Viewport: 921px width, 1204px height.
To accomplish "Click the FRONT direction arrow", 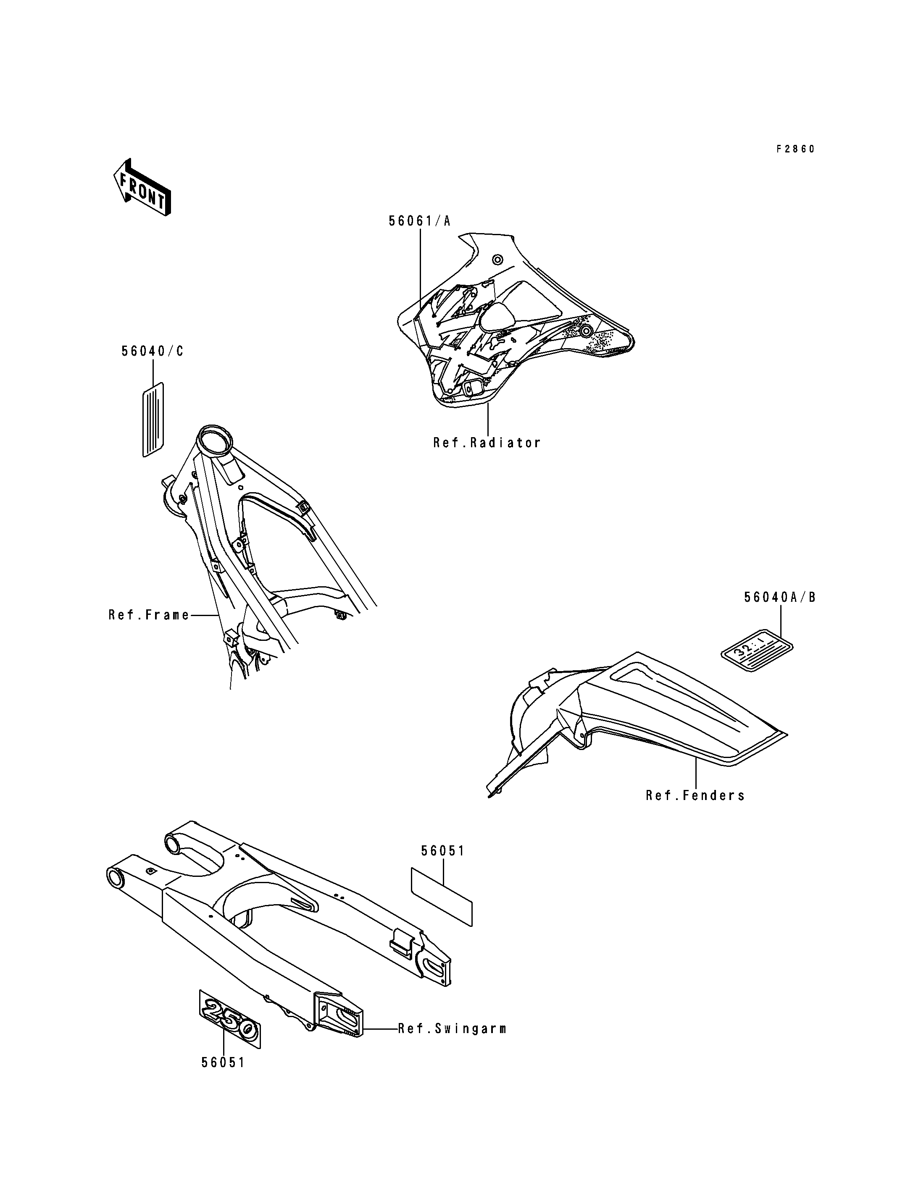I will click(x=142, y=187).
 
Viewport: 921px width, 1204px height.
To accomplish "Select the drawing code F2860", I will click(x=795, y=149).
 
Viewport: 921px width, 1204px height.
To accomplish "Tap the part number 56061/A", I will click(x=419, y=221).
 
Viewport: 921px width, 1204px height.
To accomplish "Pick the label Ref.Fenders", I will click(x=695, y=796).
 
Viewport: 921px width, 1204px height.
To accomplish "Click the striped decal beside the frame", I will click(x=153, y=419).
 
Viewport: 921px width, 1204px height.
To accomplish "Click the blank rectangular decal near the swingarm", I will click(x=441, y=897).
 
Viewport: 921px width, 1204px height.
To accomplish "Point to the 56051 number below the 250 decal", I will click(x=223, y=1062).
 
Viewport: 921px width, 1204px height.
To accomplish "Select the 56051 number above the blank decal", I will click(x=442, y=851).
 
